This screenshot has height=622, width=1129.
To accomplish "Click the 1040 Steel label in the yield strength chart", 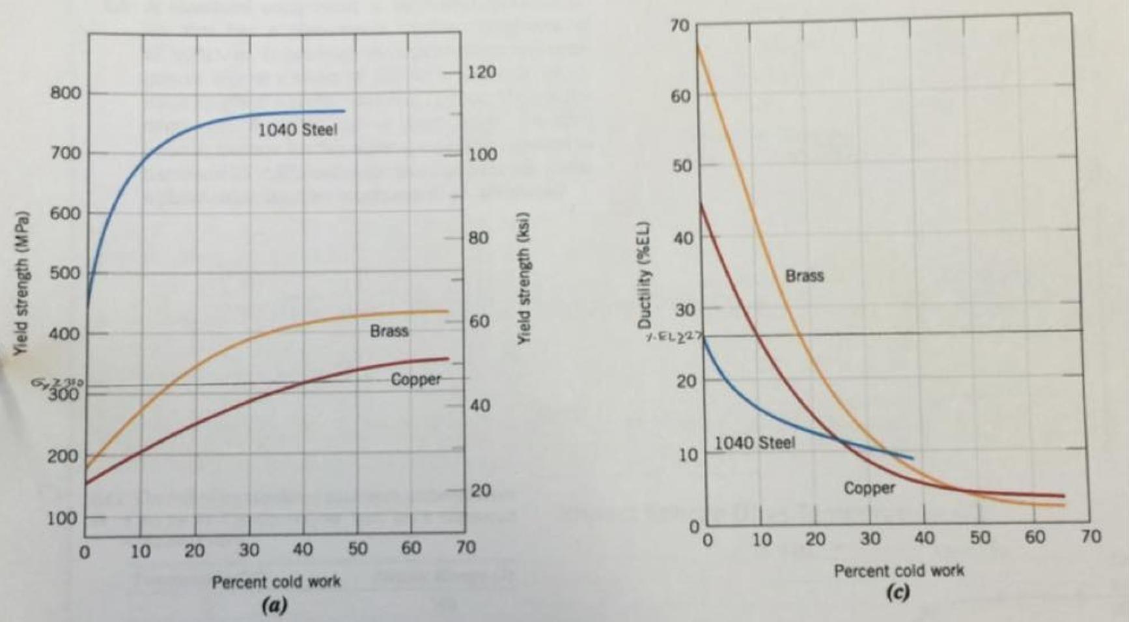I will [298, 130].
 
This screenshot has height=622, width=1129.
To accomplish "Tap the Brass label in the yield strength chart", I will [389, 331].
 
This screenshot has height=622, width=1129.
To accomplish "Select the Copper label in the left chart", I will [415, 379].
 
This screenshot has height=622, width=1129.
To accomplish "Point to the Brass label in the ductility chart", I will [804, 276].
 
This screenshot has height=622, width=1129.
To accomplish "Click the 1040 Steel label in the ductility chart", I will [755, 443].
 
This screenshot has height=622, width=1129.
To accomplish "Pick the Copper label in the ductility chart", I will [869, 488].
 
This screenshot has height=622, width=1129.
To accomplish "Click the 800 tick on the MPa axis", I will [66, 93].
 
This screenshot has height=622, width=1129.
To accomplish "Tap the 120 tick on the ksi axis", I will [482, 72].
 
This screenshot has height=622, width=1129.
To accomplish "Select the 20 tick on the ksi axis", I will [481, 490].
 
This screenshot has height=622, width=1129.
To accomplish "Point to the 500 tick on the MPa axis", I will [66, 273].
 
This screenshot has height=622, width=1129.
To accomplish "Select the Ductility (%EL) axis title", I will [645, 277].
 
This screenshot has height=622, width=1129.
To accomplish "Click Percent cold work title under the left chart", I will [275, 582].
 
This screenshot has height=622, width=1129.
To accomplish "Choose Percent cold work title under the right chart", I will [899, 571].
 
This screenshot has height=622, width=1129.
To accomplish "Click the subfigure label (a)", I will [274, 606].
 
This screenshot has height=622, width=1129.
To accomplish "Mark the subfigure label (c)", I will [898, 593].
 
